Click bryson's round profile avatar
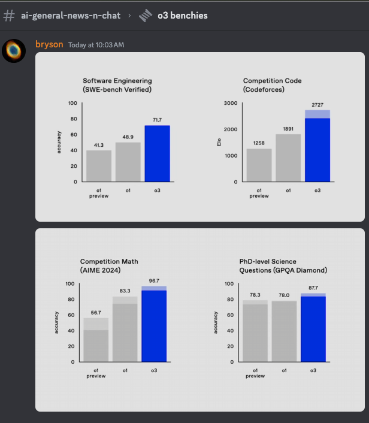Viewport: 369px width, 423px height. click(14, 52)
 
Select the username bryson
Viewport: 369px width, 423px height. click(49, 44)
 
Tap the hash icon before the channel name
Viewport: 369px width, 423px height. click(9, 16)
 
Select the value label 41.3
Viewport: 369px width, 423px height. click(99, 145)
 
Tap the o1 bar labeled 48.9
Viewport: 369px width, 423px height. click(128, 162)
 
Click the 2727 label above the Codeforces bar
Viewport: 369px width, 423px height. click(317, 105)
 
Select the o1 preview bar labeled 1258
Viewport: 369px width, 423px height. click(259, 165)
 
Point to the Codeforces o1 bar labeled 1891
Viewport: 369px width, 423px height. click(288, 158)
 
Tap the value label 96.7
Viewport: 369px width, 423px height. click(154, 280)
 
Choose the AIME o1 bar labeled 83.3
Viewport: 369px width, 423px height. click(125, 330)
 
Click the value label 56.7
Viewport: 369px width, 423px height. click(96, 312)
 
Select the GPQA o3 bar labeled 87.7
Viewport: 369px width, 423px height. click(313, 328)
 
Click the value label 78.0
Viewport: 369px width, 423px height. click(284, 295)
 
